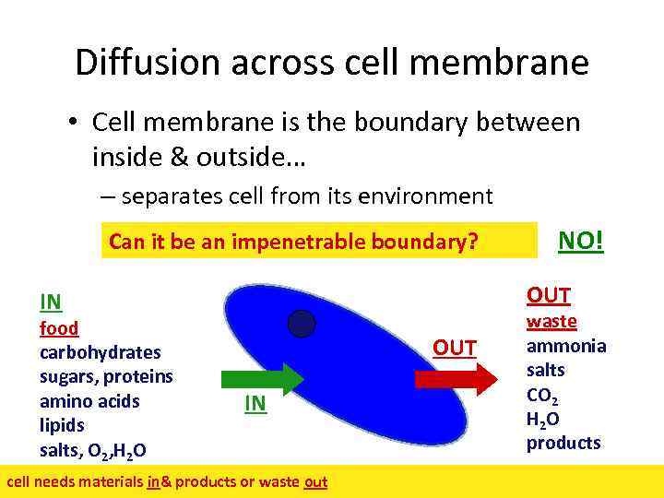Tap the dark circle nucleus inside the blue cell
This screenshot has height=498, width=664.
coord(301,324)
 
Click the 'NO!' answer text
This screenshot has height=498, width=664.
coord(582,241)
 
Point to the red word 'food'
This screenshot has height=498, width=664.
coord(59,328)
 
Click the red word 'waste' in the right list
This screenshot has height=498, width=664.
coord(551,322)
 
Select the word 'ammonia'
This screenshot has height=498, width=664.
coord(566,346)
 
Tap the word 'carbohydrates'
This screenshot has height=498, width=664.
coord(101,352)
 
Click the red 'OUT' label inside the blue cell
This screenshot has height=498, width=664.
coord(455,348)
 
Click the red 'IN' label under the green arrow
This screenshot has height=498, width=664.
coord(255,403)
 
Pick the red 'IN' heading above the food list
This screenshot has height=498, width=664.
coord(51,302)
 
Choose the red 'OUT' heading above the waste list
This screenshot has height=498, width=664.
coord(549,295)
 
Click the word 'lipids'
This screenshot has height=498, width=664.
coord(62,425)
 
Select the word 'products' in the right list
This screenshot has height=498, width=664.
coord(563,443)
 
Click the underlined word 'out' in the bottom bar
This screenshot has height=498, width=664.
coord(315,481)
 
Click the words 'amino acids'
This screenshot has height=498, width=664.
coord(89,401)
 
